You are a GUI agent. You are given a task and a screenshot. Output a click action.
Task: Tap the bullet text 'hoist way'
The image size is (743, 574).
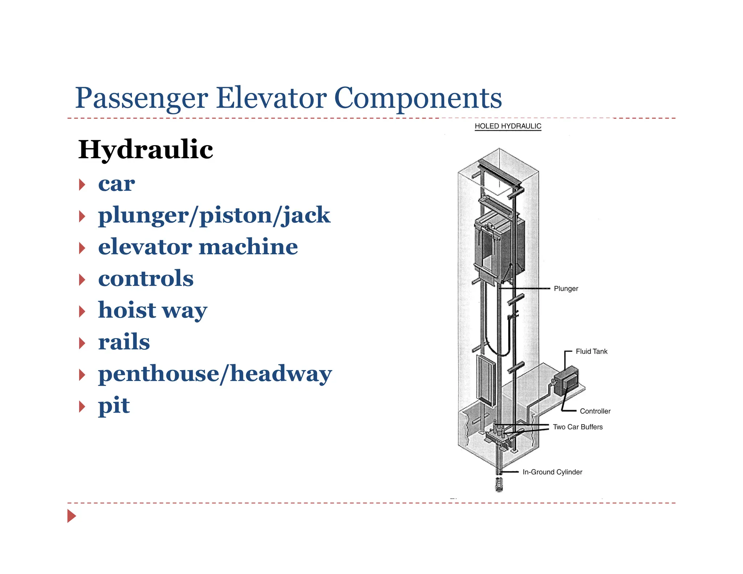153,310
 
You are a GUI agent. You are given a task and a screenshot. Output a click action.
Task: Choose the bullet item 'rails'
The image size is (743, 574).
124,342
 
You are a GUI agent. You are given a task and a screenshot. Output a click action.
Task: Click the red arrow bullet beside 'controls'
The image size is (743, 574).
82,280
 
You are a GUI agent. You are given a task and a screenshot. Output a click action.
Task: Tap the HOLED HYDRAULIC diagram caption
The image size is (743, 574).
508,126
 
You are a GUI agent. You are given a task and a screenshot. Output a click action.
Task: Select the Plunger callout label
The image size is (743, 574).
566,288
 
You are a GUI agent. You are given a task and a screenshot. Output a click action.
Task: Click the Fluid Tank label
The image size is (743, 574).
591,351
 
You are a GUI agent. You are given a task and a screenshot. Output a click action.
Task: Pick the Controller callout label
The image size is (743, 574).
595,411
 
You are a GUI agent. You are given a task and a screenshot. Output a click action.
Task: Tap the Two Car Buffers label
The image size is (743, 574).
578,427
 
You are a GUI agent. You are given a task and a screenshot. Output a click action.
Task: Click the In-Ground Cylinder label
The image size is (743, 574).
552,472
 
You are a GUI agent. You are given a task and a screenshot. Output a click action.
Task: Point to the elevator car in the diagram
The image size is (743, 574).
499,250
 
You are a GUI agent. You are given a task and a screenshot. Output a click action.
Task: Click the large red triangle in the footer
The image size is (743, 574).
71,516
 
